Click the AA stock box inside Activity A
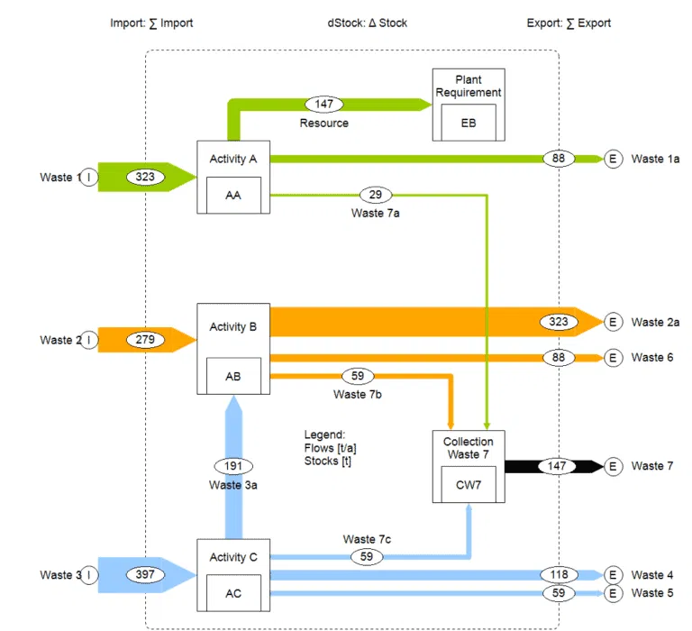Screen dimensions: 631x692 click(x=233, y=193)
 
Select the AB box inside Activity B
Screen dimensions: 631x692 click(x=233, y=377)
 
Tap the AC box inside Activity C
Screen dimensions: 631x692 click(x=233, y=594)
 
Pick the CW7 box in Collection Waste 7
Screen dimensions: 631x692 click(x=469, y=484)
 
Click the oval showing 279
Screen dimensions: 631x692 click(x=146, y=340)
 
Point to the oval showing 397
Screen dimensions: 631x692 click(x=146, y=574)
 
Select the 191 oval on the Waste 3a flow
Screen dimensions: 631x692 click(x=233, y=466)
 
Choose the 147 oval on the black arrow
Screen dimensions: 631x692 click(x=558, y=466)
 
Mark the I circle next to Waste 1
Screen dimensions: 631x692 click(x=90, y=177)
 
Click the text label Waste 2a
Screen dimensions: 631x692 click(x=655, y=322)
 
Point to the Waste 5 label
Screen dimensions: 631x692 click(x=651, y=593)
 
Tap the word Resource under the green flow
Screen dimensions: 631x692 click(x=323, y=123)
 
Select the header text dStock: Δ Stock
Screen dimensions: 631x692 click(x=367, y=23)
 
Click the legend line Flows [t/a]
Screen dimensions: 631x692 click(x=331, y=448)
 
